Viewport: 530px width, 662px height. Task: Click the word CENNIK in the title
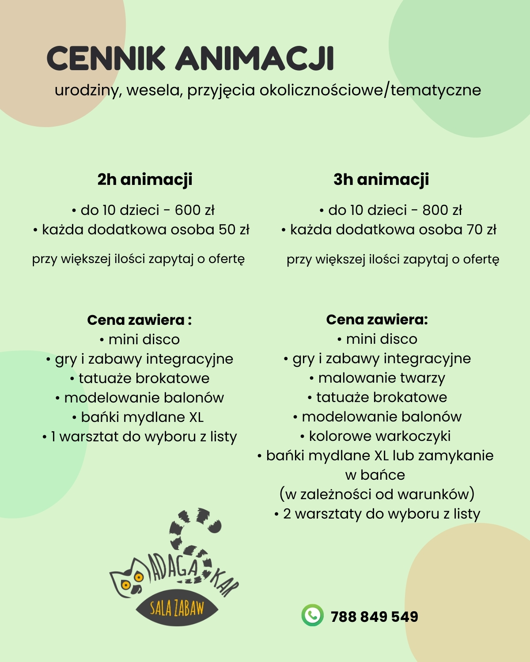[x=106, y=58]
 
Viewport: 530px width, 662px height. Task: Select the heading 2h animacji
[x=145, y=180]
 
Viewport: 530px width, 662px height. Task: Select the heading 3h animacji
[x=381, y=180]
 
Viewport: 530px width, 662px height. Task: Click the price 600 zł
[x=195, y=210]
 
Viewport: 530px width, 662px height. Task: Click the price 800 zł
[x=442, y=210]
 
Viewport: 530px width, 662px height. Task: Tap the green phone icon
[x=312, y=615]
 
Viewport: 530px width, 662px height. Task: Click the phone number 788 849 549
[x=374, y=617]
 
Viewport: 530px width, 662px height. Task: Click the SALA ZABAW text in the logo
[x=177, y=609]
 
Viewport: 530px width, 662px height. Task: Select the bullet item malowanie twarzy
[x=382, y=378]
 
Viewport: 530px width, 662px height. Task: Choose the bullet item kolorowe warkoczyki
[x=379, y=436]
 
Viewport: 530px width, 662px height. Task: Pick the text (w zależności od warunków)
[x=377, y=494]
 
